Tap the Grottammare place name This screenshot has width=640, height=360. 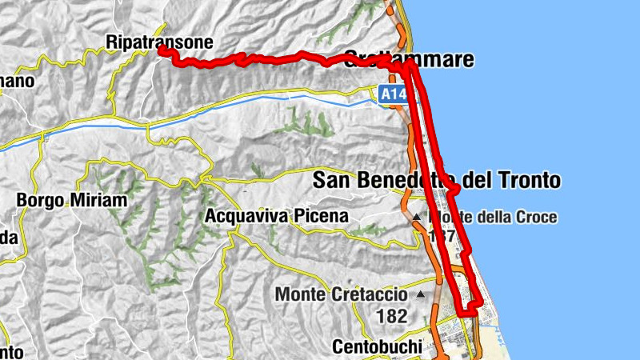408,59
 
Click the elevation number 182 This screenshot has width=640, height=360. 391,316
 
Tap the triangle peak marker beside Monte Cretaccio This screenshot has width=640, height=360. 420,294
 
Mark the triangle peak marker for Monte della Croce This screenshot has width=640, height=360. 416,217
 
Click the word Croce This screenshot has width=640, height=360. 532,217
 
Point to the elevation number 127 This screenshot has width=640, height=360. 442,237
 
